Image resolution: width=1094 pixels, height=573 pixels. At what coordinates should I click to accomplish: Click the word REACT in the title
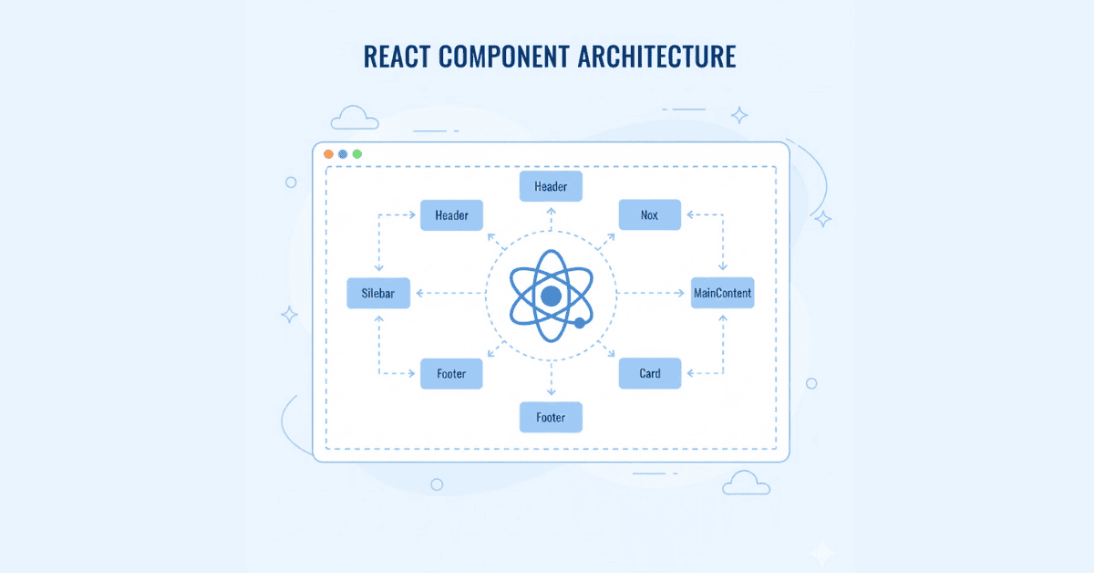tap(397, 56)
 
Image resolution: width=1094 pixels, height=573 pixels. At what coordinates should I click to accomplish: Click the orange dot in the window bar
tap(328, 154)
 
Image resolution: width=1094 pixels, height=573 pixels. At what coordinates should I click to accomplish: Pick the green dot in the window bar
tap(357, 154)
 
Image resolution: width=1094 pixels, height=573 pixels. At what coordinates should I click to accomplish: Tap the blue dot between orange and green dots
tap(343, 154)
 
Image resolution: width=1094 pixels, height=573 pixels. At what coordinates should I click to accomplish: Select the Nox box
tap(649, 215)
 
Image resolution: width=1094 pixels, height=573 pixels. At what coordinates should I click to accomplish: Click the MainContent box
tap(722, 293)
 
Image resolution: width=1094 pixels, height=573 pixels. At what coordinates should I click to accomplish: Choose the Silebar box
tap(378, 293)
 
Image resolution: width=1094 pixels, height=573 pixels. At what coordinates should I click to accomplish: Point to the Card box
tap(649, 373)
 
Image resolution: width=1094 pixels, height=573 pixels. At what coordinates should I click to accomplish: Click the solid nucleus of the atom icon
tap(551, 296)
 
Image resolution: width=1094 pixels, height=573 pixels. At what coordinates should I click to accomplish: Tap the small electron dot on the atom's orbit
tap(579, 323)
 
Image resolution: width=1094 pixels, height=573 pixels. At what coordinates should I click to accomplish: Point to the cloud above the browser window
tap(355, 118)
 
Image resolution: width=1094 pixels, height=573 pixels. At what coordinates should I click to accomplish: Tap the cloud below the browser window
tap(745, 483)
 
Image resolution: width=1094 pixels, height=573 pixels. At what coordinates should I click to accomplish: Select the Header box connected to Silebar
tap(451, 215)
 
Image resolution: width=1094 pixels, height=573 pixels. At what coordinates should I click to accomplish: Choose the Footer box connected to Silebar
tap(451, 373)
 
